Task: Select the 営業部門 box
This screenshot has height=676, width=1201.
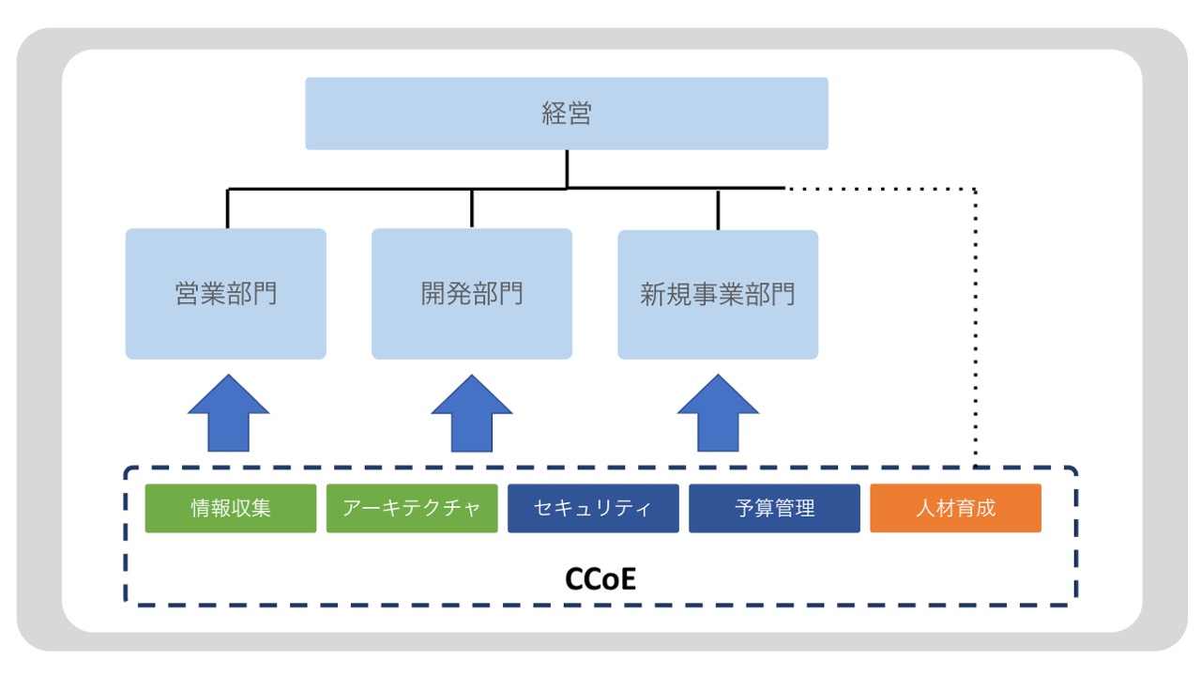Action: pyautogui.click(x=226, y=294)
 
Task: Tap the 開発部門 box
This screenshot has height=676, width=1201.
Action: pyautogui.click(x=472, y=294)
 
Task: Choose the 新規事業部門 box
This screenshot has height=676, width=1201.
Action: pyautogui.click(x=718, y=294)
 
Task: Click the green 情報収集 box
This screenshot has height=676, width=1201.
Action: pyautogui.click(x=231, y=508)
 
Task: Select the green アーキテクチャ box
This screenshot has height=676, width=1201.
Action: pyautogui.click(x=412, y=508)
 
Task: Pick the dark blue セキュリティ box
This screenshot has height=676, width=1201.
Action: pyautogui.click(x=593, y=508)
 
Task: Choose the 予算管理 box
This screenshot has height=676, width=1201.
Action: pyautogui.click(x=774, y=508)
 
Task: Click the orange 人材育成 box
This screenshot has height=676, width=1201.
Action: pyautogui.click(x=955, y=508)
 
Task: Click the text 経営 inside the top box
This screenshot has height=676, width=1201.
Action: pyautogui.click(x=567, y=114)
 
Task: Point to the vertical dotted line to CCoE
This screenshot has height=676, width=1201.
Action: pyautogui.click(x=976, y=329)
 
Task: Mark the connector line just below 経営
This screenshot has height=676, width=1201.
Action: pyautogui.click(x=567, y=169)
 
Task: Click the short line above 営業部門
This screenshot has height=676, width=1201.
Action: pyautogui.click(x=228, y=208)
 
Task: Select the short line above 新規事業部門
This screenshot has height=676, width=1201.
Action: pyautogui.click(x=718, y=209)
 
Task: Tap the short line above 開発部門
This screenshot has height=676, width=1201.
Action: pyautogui.click(x=472, y=208)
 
